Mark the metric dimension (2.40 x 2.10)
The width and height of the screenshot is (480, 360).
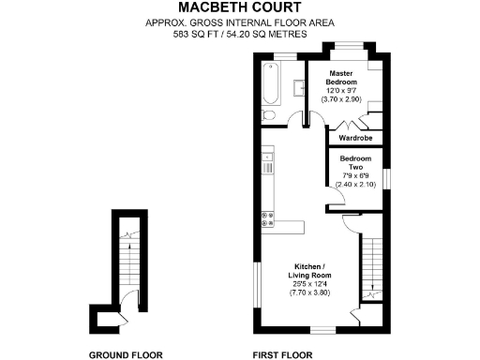click(356, 185)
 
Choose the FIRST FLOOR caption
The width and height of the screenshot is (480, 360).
click(283, 354)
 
